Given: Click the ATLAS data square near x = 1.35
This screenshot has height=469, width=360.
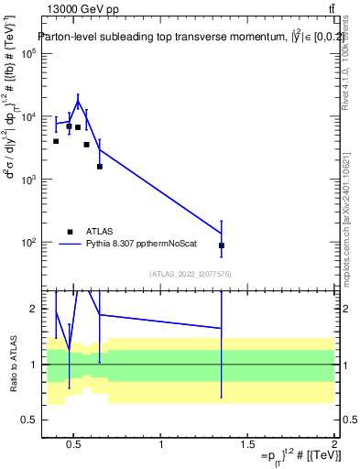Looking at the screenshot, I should (222, 245).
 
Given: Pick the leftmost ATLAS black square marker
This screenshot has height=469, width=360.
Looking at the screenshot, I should (56, 141).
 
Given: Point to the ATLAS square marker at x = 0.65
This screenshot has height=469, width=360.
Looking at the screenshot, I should (99, 166).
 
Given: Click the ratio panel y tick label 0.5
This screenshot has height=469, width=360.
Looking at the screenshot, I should (27, 420).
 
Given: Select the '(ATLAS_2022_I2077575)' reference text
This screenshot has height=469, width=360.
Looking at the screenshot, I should (190, 273).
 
